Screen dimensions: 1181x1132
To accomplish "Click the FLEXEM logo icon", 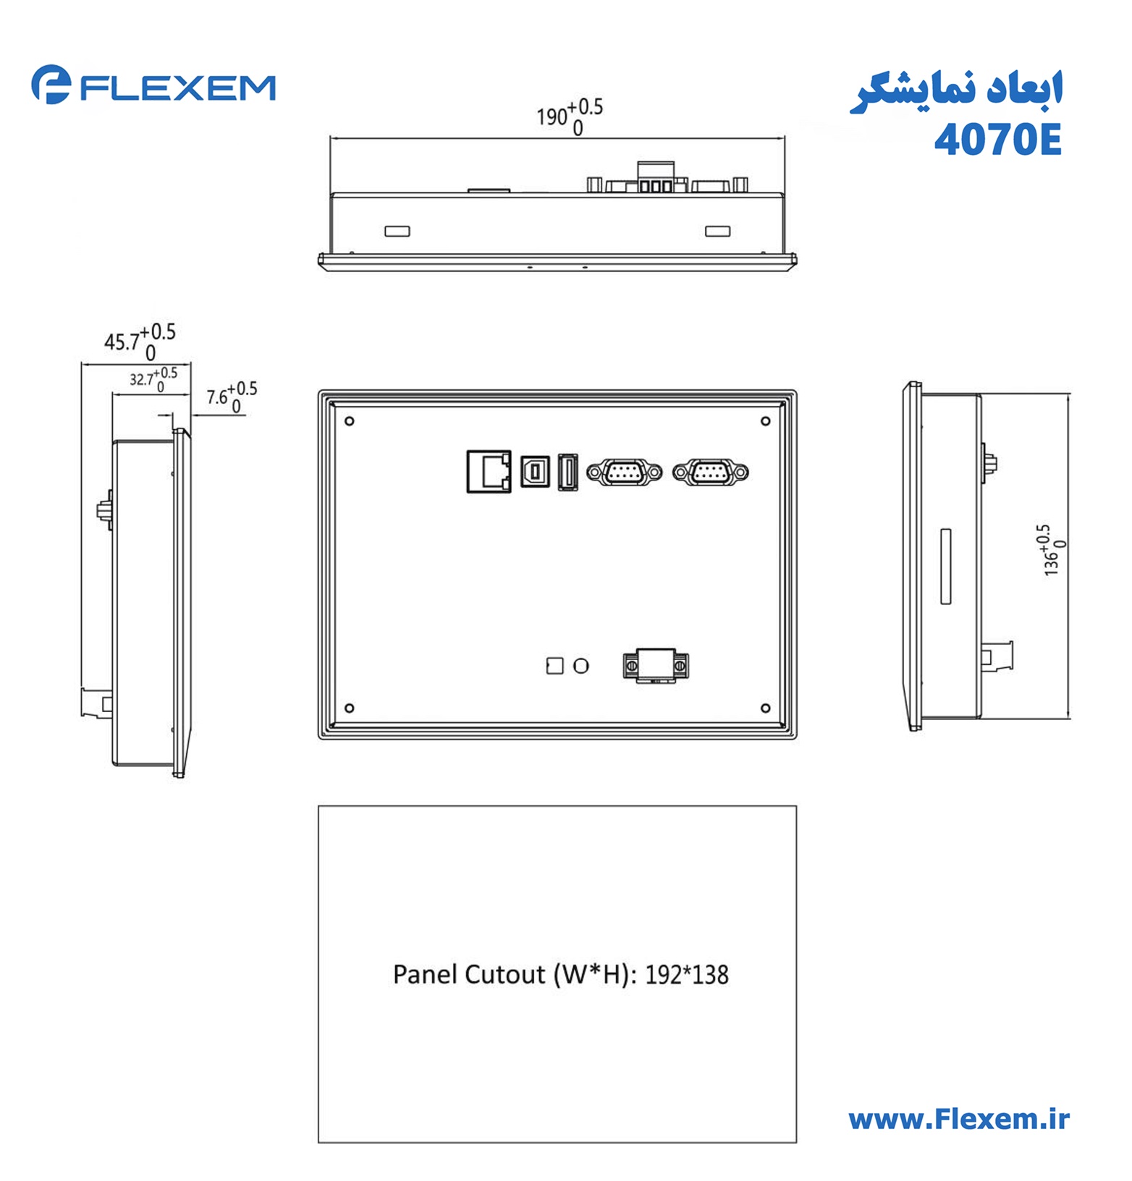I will pyautogui.click(x=51, y=85).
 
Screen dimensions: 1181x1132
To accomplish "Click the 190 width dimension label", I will pyautogui.click(x=569, y=117).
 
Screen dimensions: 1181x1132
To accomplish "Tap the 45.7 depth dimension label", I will pyautogui.click(x=140, y=341).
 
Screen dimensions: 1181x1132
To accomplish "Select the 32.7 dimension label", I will pyautogui.click(x=153, y=378).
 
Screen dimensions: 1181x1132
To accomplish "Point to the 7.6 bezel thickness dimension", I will pyautogui.click(x=231, y=397).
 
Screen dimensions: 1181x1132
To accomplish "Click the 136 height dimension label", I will pyautogui.click(x=1054, y=550).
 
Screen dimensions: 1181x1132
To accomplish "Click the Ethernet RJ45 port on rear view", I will pyautogui.click(x=489, y=472).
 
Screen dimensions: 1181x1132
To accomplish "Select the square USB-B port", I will pyautogui.click(x=535, y=472).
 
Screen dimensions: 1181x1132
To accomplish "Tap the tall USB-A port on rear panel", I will pyautogui.click(x=567, y=472).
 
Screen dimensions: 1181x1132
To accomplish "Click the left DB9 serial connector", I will pyautogui.click(x=624, y=473).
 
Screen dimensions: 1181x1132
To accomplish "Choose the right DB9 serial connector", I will pyautogui.click(x=710, y=473).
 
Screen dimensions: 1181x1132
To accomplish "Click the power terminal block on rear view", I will pyautogui.click(x=656, y=665).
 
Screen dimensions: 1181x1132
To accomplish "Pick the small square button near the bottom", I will pyautogui.click(x=554, y=666).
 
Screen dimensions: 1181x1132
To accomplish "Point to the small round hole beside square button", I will pyautogui.click(x=581, y=666).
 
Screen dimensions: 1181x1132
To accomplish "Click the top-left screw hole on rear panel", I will pyautogui.click(x=350, y=421).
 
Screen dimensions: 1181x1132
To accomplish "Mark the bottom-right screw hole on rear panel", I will pyautogui.click(x=766, y=708).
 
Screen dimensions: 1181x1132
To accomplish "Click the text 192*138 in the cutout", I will pyautogui.click(x=686, y=975).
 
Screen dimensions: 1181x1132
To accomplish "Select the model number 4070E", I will pyautogui.click(x=997, y=140).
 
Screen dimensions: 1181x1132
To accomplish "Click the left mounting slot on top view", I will pyautogui.click(x=397, y=231).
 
